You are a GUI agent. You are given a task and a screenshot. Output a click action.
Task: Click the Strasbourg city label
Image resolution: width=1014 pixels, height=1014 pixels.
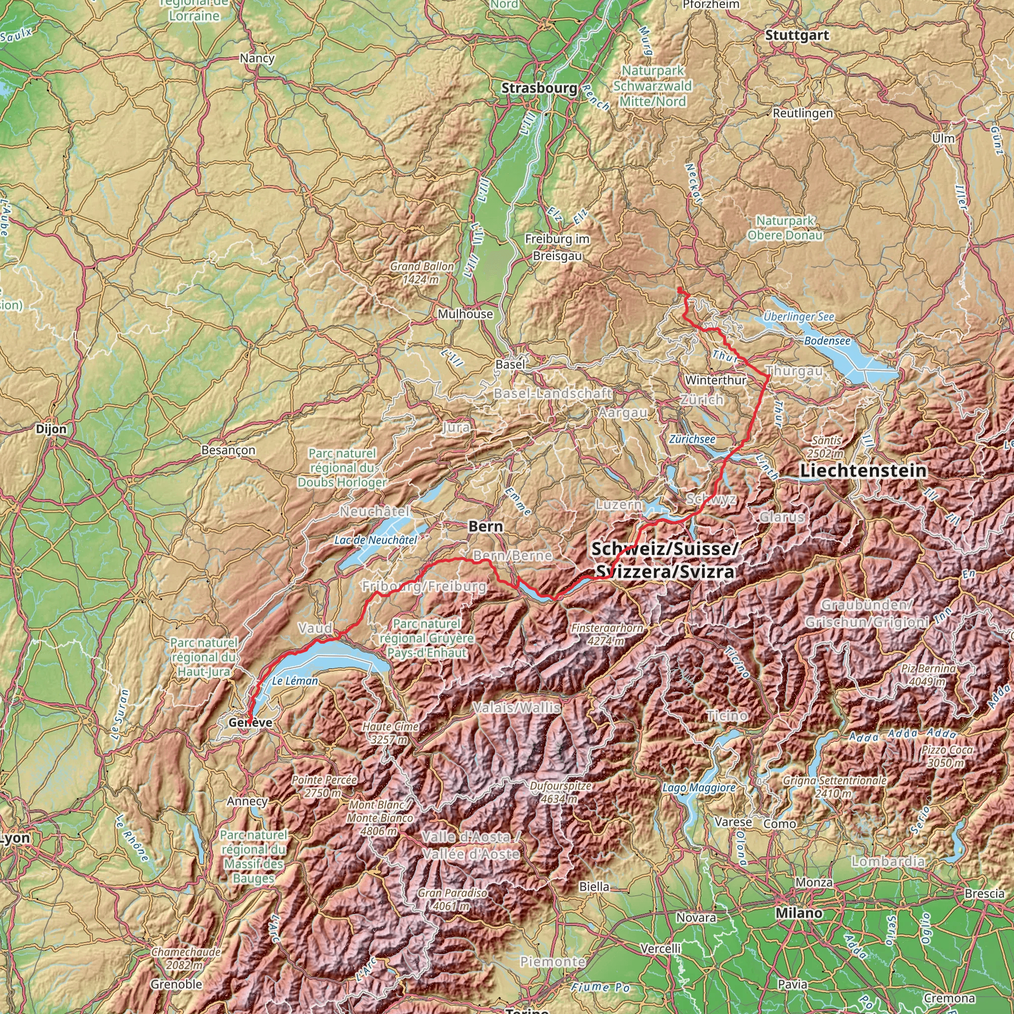pos(539,88)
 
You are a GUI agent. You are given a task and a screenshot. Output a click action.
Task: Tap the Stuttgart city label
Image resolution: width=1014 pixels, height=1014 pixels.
pos(797,35)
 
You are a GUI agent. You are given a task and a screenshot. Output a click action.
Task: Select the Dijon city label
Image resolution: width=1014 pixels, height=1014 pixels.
pos(51,429)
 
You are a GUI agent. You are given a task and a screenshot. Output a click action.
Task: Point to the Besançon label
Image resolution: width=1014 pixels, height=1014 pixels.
pos(228,450)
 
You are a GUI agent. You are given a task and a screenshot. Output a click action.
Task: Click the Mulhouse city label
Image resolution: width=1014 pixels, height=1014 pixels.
pos(465,314)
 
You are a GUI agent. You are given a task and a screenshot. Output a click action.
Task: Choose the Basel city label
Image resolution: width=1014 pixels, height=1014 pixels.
pos(509,364)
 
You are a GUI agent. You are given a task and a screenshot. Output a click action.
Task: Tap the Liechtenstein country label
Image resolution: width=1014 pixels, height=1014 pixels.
pos(863,471)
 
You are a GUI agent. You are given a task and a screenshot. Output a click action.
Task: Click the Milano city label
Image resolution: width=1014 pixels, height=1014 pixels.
pos(799,913)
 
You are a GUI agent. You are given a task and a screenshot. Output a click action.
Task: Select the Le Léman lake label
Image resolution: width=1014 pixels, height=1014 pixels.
pos(295,681)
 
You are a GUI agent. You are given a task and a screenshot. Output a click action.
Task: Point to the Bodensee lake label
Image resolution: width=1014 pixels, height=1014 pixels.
pos(827,341)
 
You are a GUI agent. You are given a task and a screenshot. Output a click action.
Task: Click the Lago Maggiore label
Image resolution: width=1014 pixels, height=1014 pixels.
pos(699,787)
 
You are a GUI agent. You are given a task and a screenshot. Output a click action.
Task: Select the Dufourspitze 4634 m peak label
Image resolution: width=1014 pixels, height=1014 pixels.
pos(560,792)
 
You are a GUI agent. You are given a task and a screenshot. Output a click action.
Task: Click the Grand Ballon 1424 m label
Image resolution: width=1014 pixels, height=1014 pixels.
pos(421,272)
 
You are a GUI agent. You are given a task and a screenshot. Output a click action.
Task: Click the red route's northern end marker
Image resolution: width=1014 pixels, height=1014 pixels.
pos(680,290)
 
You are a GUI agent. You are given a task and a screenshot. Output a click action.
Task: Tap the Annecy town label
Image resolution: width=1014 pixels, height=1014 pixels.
pos(247,801)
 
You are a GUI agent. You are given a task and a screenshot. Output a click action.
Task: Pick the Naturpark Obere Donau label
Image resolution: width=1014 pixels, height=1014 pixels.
pos(785,228)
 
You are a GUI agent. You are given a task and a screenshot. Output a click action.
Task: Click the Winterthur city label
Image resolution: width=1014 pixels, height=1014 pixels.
pos(715,379)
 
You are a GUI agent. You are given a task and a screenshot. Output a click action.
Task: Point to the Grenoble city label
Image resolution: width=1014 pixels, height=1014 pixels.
pos(176,984)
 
